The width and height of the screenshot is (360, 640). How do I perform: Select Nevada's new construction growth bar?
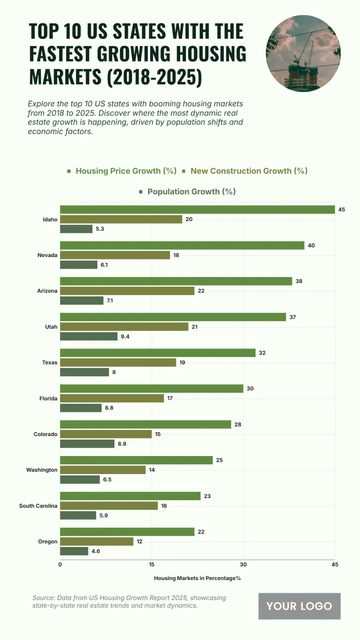click(x=115, y=255)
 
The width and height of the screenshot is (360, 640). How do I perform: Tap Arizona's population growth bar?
click(x=81, y=300)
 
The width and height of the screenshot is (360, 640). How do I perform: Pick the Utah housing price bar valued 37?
click(x=173, y=317)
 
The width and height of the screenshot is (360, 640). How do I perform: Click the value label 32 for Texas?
click(x=262, y=353)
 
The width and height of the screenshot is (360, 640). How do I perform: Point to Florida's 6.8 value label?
click(x=108, y=408)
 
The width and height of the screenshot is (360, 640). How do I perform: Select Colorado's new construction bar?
click(x=105, y=434)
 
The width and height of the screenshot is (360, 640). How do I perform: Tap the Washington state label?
click(x=41, y=469)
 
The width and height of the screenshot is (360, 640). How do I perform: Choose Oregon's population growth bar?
click(x=74, y=551)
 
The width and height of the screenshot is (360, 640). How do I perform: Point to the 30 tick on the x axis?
click(x=243, y=565)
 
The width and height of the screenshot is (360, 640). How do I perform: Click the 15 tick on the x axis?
click(x=151, y=565)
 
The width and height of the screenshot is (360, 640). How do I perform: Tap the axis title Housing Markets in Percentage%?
click(x=197, y=578)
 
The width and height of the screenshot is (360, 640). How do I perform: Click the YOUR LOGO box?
click(x=299, y=606)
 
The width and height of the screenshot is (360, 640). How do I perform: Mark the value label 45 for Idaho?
click(x=342, y=209)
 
